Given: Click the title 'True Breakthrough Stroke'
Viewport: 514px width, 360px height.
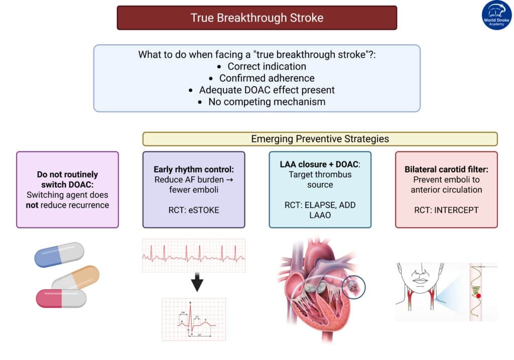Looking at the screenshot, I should point(256,18).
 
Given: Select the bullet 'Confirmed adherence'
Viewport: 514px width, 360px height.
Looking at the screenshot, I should point(267,78).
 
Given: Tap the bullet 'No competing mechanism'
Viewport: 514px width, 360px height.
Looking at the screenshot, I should point(267,101).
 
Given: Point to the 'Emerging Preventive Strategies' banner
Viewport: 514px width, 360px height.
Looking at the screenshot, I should point(320,139).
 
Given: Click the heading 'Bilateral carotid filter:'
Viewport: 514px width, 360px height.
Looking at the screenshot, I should point(446,170).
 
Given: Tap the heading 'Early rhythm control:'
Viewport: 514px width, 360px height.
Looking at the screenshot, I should point(193,170).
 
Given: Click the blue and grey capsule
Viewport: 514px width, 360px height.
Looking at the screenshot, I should point(59,255).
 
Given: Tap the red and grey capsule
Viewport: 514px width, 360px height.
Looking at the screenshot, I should point(61,298).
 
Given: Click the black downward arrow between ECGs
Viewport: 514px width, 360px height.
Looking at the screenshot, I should point(197,284).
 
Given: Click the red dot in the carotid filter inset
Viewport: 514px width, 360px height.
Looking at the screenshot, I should point(478,296).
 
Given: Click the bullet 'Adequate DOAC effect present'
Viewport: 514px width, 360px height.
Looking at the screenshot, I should point(267,90).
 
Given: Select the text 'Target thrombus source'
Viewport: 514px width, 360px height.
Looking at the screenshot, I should point(320,180).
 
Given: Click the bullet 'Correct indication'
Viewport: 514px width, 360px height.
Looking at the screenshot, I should point(267,66).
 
